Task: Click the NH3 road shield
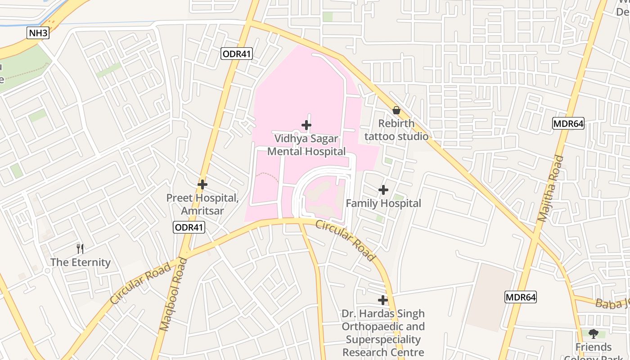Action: (x=38, y=33)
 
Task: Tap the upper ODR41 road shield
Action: (x=237, y=54)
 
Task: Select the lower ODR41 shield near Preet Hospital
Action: (x=189, y=227)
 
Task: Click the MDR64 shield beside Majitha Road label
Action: (x=568, y=123)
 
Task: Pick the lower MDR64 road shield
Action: (x=521, y=297)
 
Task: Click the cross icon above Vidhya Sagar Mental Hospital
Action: (x=306, y=125)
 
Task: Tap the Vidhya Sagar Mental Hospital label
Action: (x=306, y=145)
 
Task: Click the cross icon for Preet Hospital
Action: (x=202, y=184)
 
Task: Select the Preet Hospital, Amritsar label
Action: (x=202, y=204)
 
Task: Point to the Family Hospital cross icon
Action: (x=383, y=190)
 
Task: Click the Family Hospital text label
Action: (x=383, y=203)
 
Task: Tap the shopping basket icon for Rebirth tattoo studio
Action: (x=396, y=110)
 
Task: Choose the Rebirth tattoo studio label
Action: (x=396, y=130)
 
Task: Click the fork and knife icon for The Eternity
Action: (x=80, y=248)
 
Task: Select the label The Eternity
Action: (x=81, y=262)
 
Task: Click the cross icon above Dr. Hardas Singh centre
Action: (x=383, y=300)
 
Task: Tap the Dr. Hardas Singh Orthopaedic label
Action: (x=383, y=333)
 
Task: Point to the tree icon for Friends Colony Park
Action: (x=594, y=334)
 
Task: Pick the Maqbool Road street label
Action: (x=173, y=294)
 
